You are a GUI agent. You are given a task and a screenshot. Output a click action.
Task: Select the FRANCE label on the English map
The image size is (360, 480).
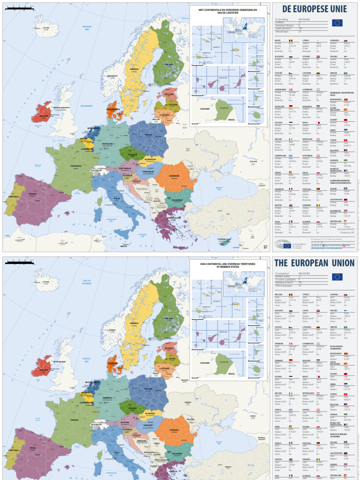74,420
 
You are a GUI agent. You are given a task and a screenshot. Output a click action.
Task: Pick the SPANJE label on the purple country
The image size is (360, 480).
32,194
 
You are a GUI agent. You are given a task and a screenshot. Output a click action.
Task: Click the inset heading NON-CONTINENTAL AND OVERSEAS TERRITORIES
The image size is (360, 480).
227,265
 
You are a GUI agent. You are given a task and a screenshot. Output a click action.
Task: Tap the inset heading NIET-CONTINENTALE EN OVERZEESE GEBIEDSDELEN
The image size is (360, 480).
227,11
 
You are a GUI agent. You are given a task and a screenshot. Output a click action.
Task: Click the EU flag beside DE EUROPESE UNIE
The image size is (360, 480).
337,22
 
